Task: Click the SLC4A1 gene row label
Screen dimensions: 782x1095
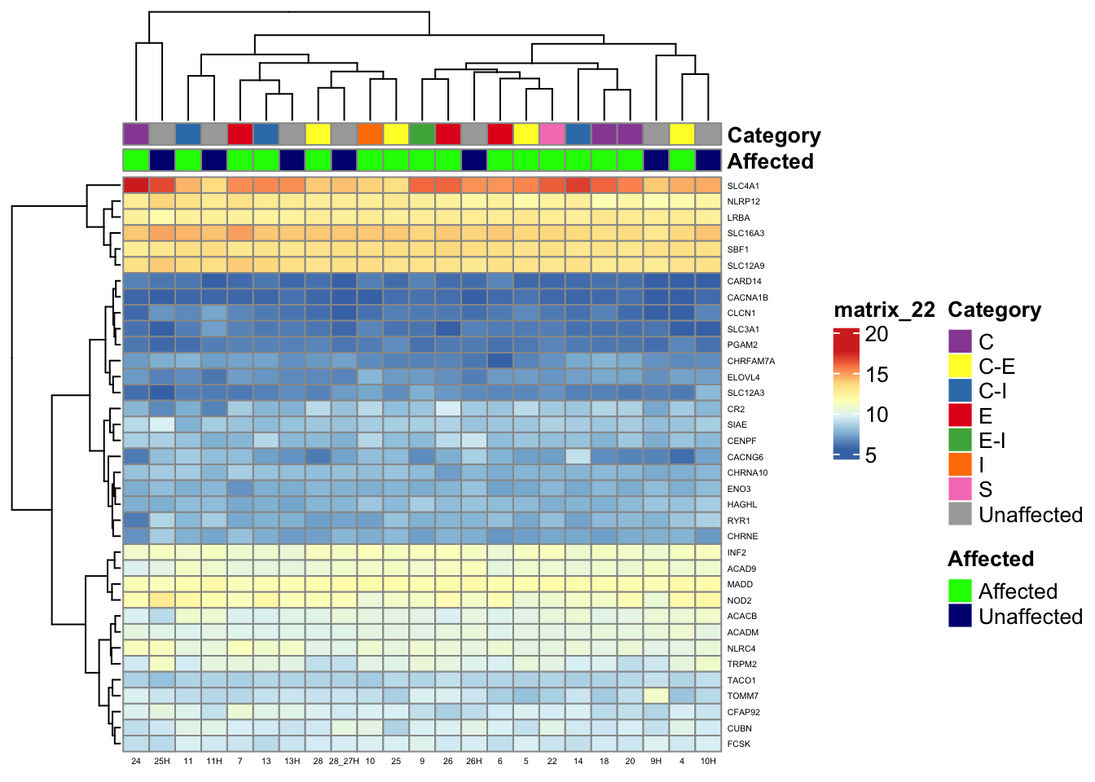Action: pyautogui.click(x=743, y=186)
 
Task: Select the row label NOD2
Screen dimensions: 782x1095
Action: pyautogui.click(x=740, y=600)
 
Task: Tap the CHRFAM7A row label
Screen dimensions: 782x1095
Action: pyautogui.click(x=750, y=361)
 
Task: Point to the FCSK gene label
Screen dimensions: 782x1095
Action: pyautogui.click(x=739, y=744)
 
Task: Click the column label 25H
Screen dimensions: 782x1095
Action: pyautogui.click(x=161, y=761)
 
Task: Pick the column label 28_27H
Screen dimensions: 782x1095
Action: pyautogui.click(x=344, y=761)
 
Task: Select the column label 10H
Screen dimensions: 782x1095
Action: pyautogui.click(x=708, y=761)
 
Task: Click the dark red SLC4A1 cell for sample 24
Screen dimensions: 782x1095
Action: pyautogui.click(x=136, y=185)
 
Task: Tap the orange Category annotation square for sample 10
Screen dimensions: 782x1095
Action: pyautogui.click(x=370, y=134)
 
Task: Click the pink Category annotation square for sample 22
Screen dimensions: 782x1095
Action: pyautogui.click(x=552, y=134)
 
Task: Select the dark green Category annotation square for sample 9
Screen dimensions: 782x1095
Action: pyautogui.click(x=422, y=134)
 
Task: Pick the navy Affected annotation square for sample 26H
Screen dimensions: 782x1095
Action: pyautogui.click(x=474, y=160)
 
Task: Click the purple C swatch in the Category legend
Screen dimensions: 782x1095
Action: pyautogui.click(x=961, y=341)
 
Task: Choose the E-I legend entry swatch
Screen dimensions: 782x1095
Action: pyautogui.click(x=961, y=440)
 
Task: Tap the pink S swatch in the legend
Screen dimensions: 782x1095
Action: pyautogui.click(x=961, y=489)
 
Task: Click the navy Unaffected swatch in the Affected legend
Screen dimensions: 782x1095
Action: pyautogui.click(x=961, y=616)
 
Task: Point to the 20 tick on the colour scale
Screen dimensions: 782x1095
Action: pyautogui.click(x=877, y=334)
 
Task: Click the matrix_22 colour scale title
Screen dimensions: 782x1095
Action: pyautogui.click(x=884, y=310)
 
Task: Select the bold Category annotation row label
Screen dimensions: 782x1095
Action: pyautogui.click(x=773, y=135)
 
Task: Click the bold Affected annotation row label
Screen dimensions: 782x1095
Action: pyautogui.click(x=770, y=161)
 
